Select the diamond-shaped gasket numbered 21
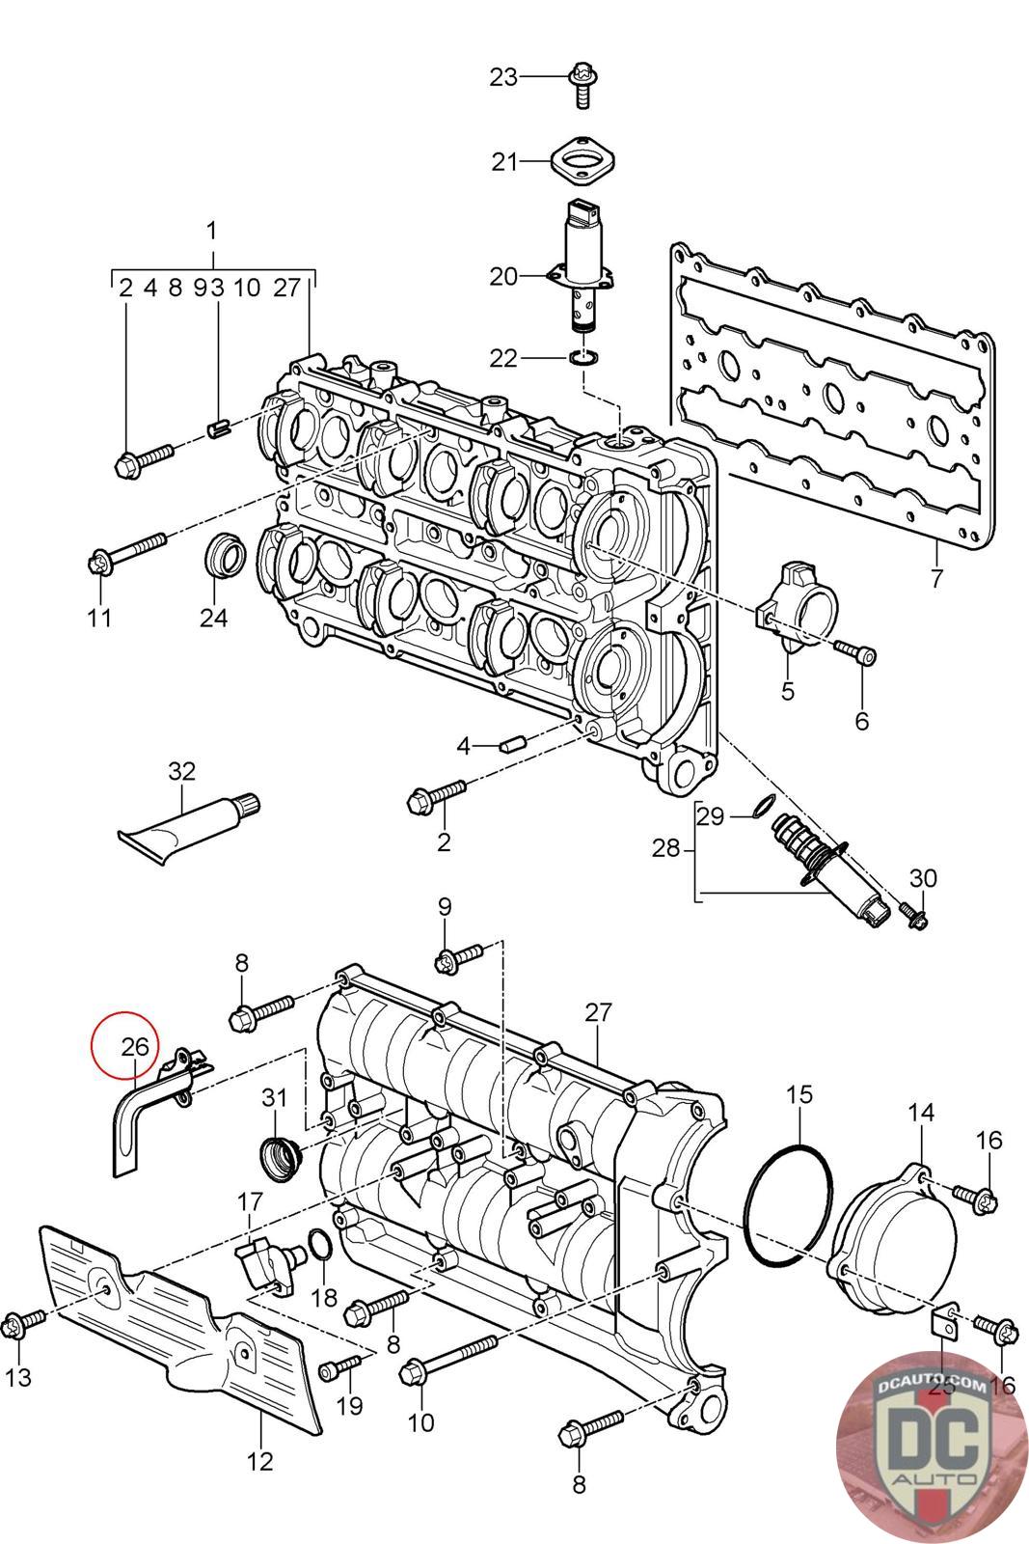click(x=582, y=159)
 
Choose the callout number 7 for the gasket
click(x=935, y=579)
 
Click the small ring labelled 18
click(x=321, y=1247)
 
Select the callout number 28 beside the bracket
click(x=665, y=849)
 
